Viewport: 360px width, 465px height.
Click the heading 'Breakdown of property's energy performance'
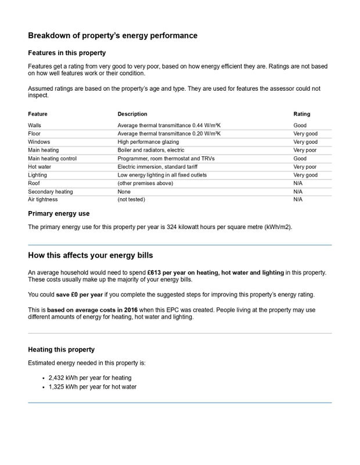coord(113,35)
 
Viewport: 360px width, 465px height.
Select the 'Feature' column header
coord(38,114)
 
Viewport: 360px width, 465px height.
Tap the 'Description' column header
coord(132,114)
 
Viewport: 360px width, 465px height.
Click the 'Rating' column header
coord(302,114)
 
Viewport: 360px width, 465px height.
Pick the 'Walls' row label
coord(35,125)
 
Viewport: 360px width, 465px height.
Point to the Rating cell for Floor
coord(305,134)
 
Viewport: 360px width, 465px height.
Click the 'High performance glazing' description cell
coord(148,142)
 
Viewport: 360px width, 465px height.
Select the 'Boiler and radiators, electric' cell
coord(151,150)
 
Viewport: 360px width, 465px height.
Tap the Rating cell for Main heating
coord(305,150)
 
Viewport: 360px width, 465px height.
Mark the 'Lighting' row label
coord(37,175)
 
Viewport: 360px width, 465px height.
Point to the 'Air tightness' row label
coord(42,199)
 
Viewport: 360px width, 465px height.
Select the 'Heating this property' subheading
coord(61,350)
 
